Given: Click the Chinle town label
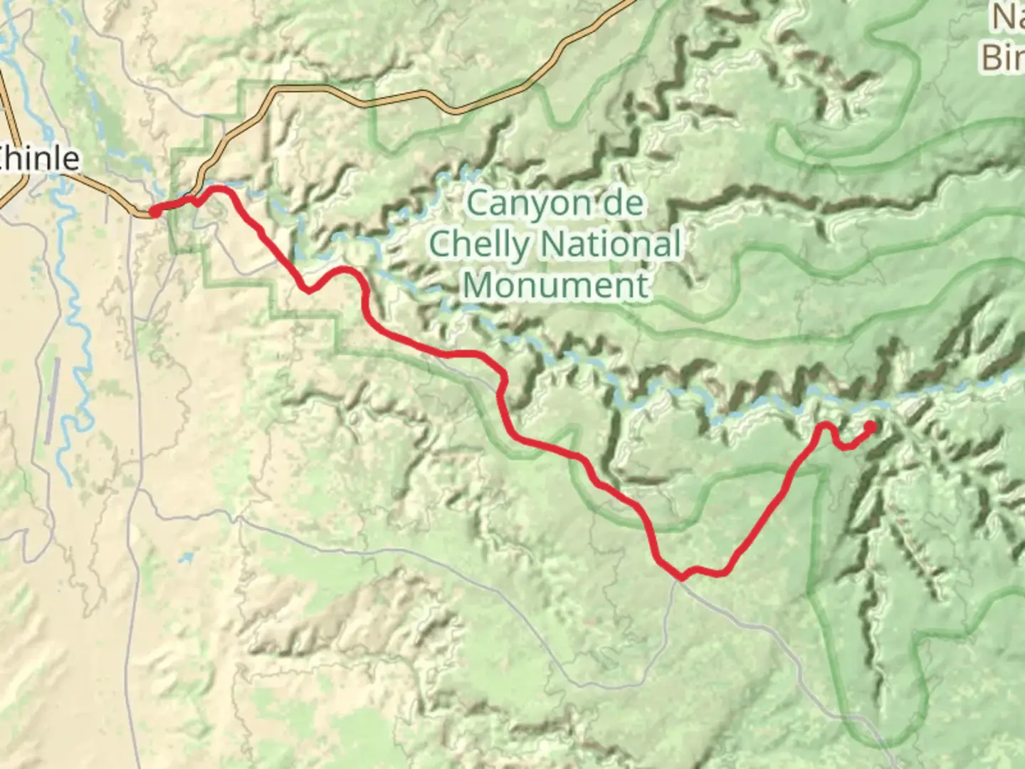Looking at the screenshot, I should [x=39, y=158].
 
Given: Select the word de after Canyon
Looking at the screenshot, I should [x=621, y=204].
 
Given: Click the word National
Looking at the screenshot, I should [x=609, y=245].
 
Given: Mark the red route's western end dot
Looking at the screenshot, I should [x=154, y=211].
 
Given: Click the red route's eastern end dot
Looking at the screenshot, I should [x=870, y=427].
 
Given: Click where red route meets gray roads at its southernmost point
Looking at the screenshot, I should [x=681, y=577].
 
